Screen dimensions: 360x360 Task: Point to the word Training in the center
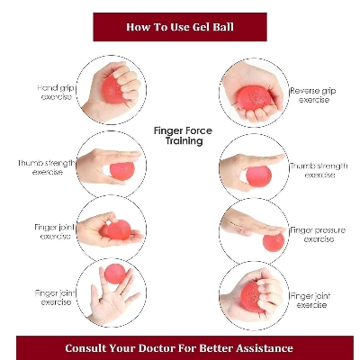[x=184, y=141]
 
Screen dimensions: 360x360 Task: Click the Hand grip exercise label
[x=55, y=92]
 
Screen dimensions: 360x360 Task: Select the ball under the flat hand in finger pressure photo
[x=273, y=240]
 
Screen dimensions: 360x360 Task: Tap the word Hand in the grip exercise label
[x=47, y=87]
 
